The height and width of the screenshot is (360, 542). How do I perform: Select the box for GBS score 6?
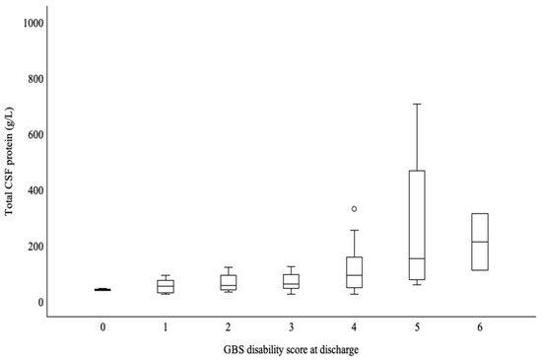pos(480,242)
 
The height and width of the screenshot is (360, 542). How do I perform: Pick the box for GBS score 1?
pos(166,286)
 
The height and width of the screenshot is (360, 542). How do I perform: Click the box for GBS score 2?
pos(228,282)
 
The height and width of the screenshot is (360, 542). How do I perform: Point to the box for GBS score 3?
pos(291,281)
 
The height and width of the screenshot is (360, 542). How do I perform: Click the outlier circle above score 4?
pos(354,209)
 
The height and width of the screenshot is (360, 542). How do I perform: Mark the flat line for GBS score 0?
pos(102,289)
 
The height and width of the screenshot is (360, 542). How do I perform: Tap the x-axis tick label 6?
pos(480,324)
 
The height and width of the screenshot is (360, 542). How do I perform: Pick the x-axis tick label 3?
pos(291,324)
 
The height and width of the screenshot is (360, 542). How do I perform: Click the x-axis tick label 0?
pos(102,324)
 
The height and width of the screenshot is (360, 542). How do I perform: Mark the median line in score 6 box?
pos(480,242)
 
